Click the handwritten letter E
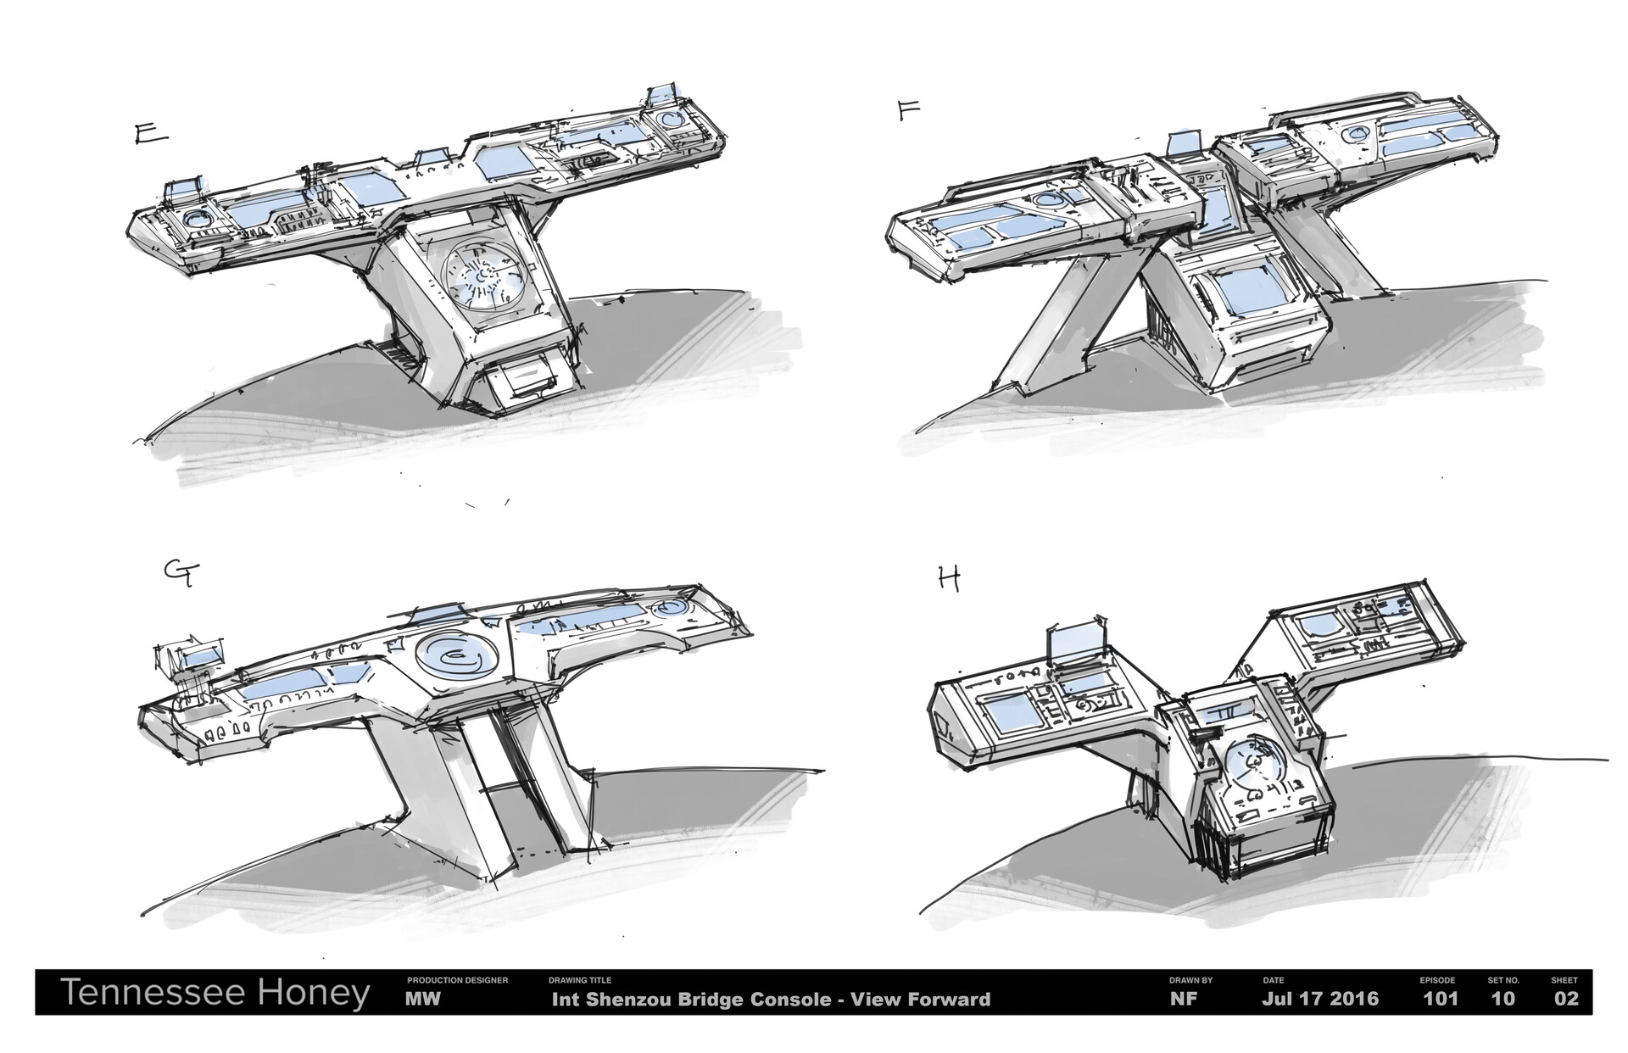pyautogui.click(x=151, y=136)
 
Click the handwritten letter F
pyautogui.click(x=909, y=111)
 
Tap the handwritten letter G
pyautogui.click(x=181, y=575)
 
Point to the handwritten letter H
pyautogui.click(x=949, y=580)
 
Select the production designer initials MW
pyautogui.click(x=422, y=999)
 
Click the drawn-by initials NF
pyautogui.click(x=1183, y=999)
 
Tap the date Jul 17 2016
pyautogui.click(x=1320, y=999)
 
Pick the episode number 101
pyautogui.click(x=1440, y=999)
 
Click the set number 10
pyautogui.click(x=1503, y=999)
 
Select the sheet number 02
pyautogui.click(x=1566, y=999)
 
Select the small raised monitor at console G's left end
pyautogui.click(x=202, y=658)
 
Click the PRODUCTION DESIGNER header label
pyautogui.click(x=457, y=980)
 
